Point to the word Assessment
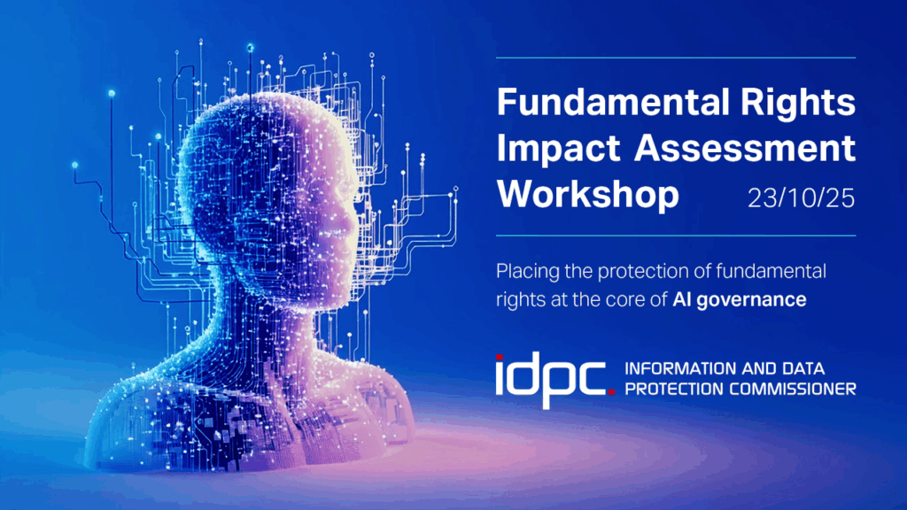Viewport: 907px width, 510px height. (745, 148)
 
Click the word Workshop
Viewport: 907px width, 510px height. (588, 194)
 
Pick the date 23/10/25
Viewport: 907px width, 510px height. (801, 198)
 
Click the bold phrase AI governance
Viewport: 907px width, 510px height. (740, 299)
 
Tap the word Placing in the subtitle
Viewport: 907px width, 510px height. (528, 272)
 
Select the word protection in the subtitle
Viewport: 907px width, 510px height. (643, 272)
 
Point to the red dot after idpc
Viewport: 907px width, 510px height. (611, 391)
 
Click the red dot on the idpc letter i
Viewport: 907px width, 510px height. (500, 358)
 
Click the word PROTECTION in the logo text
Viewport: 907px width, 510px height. (674, 390)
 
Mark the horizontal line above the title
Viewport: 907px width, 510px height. (676, 58)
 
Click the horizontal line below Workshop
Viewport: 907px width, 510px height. (676, 236)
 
